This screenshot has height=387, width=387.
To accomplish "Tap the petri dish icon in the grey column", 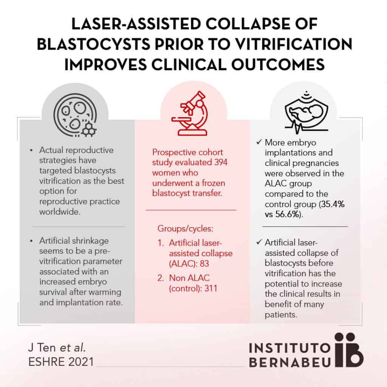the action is (x=75, y=115).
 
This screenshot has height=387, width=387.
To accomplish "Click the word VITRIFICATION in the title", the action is (x=294, y=45).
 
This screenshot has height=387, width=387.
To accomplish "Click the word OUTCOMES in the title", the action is (x=278, y=65).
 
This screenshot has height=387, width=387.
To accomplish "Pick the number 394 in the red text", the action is (x=221, y=163).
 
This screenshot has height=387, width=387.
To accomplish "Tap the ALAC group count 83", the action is (x=204, y=263).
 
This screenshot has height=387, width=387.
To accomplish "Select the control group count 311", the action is (x=211, y=288).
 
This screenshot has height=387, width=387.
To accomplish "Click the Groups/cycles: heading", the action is (x=185, y=229).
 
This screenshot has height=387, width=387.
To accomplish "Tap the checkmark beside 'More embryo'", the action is (x=259, y=142).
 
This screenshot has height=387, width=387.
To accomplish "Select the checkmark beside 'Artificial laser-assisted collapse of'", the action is (x=259, y=242).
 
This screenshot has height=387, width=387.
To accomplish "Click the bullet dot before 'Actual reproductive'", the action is (x=31, y=150).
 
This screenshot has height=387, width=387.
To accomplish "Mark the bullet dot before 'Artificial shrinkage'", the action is (x=31, y=241).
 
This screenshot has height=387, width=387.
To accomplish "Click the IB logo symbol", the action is (x=348, y=350).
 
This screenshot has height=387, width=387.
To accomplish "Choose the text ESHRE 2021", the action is (x=61, y=362).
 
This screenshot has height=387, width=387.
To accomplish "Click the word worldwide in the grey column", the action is (x=60, y=212).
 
